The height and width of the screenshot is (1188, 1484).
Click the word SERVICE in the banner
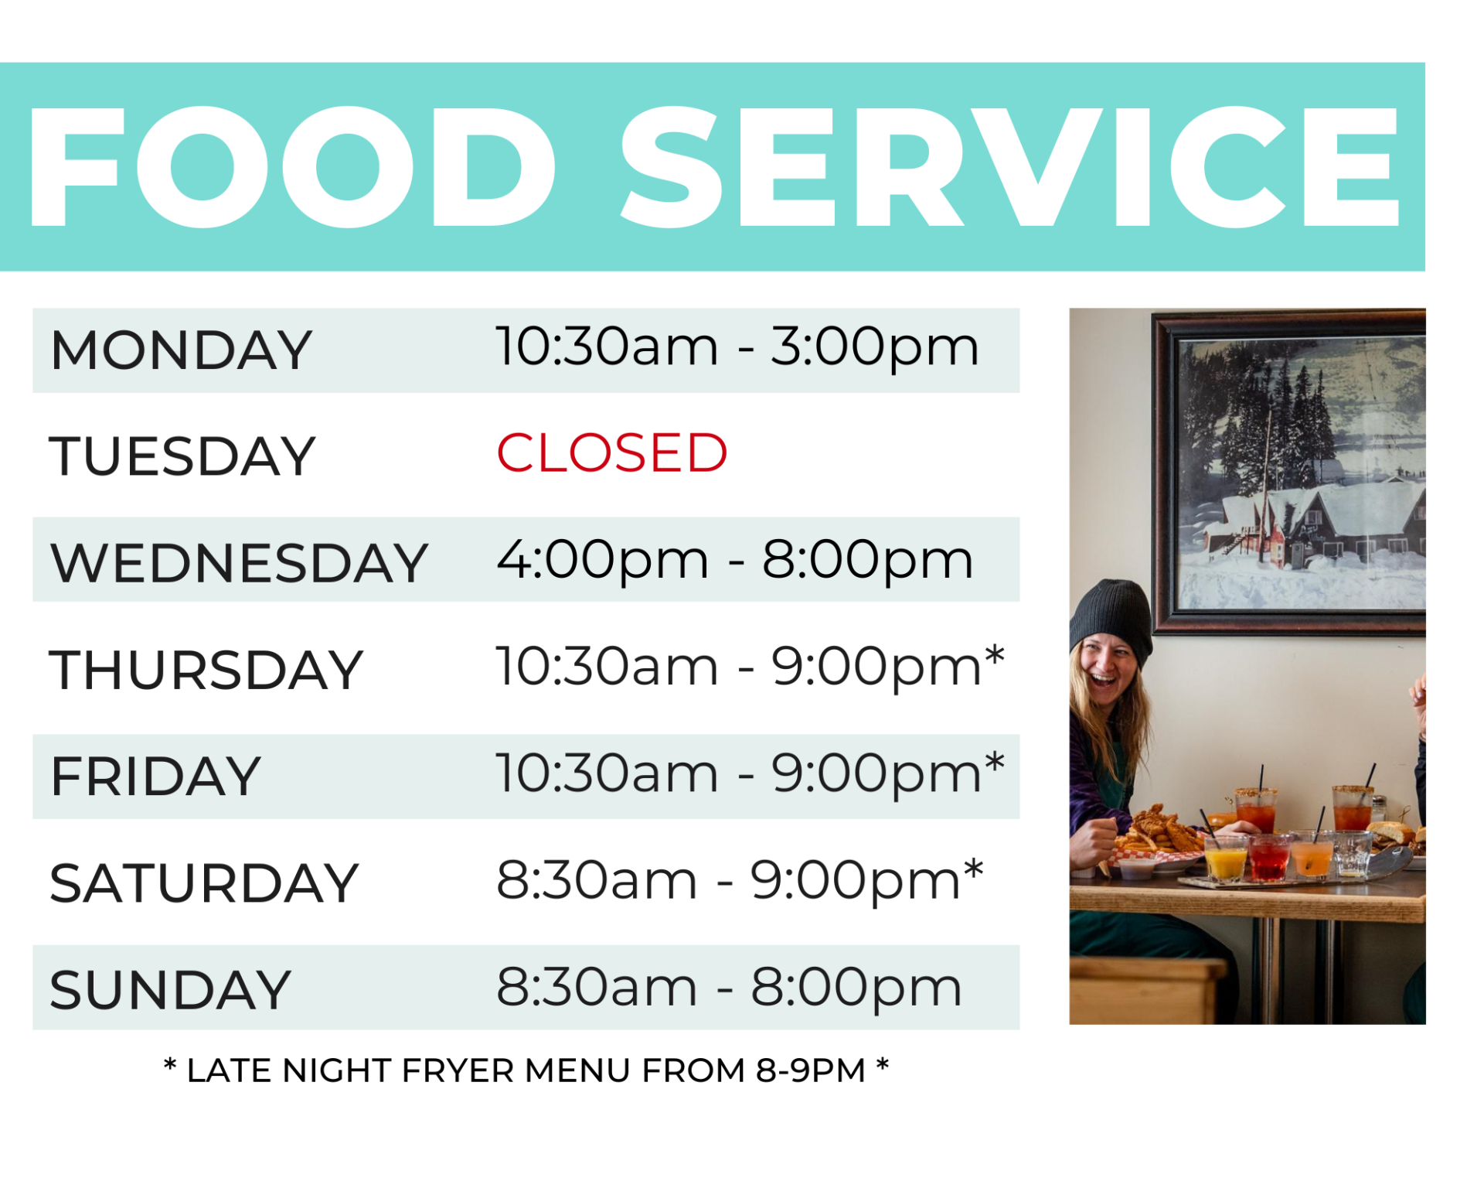pos(1009,167)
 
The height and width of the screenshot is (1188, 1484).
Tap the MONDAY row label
pos(181,350)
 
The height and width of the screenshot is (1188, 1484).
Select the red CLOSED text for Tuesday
pos(611,453)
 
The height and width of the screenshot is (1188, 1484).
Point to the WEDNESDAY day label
pos(239,563)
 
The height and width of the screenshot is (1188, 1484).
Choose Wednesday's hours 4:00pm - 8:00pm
pos(734,560)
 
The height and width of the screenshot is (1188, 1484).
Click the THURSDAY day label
pos(206,670)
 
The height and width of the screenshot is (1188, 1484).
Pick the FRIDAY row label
pos(155,777)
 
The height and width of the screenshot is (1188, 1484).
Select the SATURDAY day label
pos(204,883)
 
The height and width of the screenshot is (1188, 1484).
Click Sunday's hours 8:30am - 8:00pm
pos(729,988)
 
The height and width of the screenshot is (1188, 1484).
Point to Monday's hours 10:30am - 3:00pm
pos(737,347)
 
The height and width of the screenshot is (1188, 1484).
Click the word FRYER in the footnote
pos(458,1071)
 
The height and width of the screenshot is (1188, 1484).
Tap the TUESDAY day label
pos(182,456)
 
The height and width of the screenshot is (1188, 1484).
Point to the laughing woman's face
pos(1107,667)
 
